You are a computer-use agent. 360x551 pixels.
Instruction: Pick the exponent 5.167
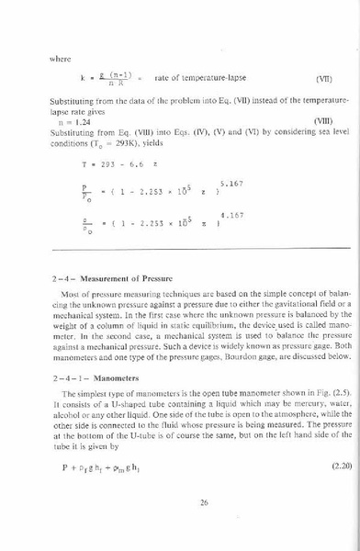point(230,184)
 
